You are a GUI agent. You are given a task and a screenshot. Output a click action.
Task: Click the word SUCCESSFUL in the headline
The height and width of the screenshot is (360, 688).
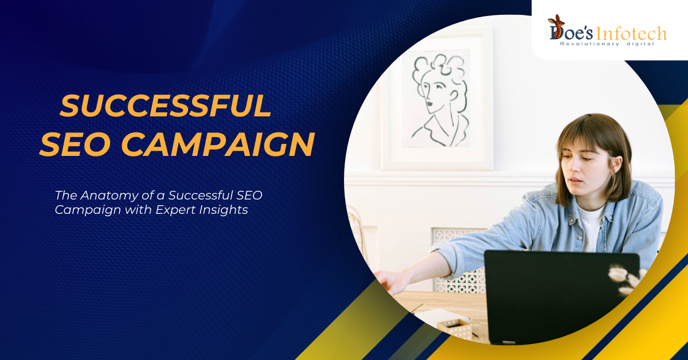point(166,105)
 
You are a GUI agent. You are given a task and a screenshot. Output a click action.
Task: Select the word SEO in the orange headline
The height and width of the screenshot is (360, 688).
point(75,144)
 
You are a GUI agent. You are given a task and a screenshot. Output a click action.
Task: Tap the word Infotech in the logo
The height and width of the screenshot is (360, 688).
point(631,34)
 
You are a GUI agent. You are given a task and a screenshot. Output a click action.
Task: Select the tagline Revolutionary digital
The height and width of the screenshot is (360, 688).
point(607,44)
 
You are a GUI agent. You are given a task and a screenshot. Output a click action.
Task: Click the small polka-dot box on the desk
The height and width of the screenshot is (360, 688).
point(455,328)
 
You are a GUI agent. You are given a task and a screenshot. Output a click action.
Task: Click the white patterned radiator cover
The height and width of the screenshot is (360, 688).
point(459,260)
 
